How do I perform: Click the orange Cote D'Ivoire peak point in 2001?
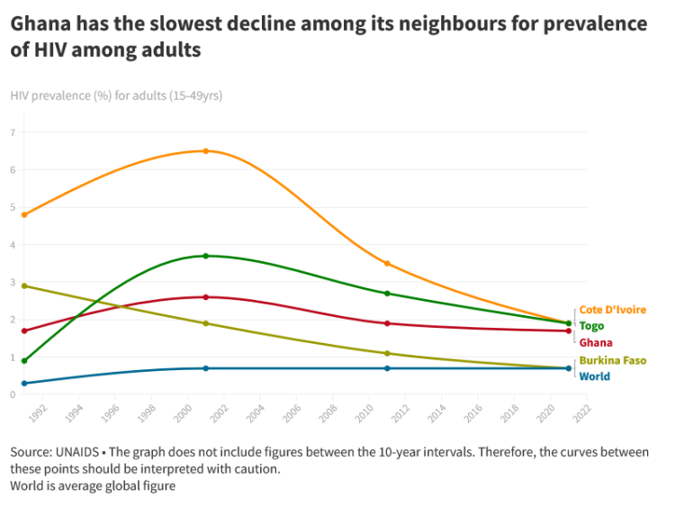[206, 150]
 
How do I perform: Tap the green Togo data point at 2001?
[206, 256]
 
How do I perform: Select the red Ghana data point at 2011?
[387, 323]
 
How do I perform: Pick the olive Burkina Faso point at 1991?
[24, 286]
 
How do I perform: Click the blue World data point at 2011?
[387, 368]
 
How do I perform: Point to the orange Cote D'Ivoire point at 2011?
[387, 263]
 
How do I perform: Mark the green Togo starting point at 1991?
[24, 360]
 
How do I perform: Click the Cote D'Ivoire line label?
[613, 310]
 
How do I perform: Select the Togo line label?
[591, 326]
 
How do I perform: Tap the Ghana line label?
[596, 342]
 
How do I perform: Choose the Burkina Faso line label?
[613, 360]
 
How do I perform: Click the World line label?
[595, 376]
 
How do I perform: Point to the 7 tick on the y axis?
[13, 132]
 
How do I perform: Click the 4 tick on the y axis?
[13, 245]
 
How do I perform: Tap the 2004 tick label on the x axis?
[256, 413]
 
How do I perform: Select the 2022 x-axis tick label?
[582, 413]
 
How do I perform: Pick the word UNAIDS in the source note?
[77, 452]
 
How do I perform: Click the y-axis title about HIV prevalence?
[116, 95]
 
